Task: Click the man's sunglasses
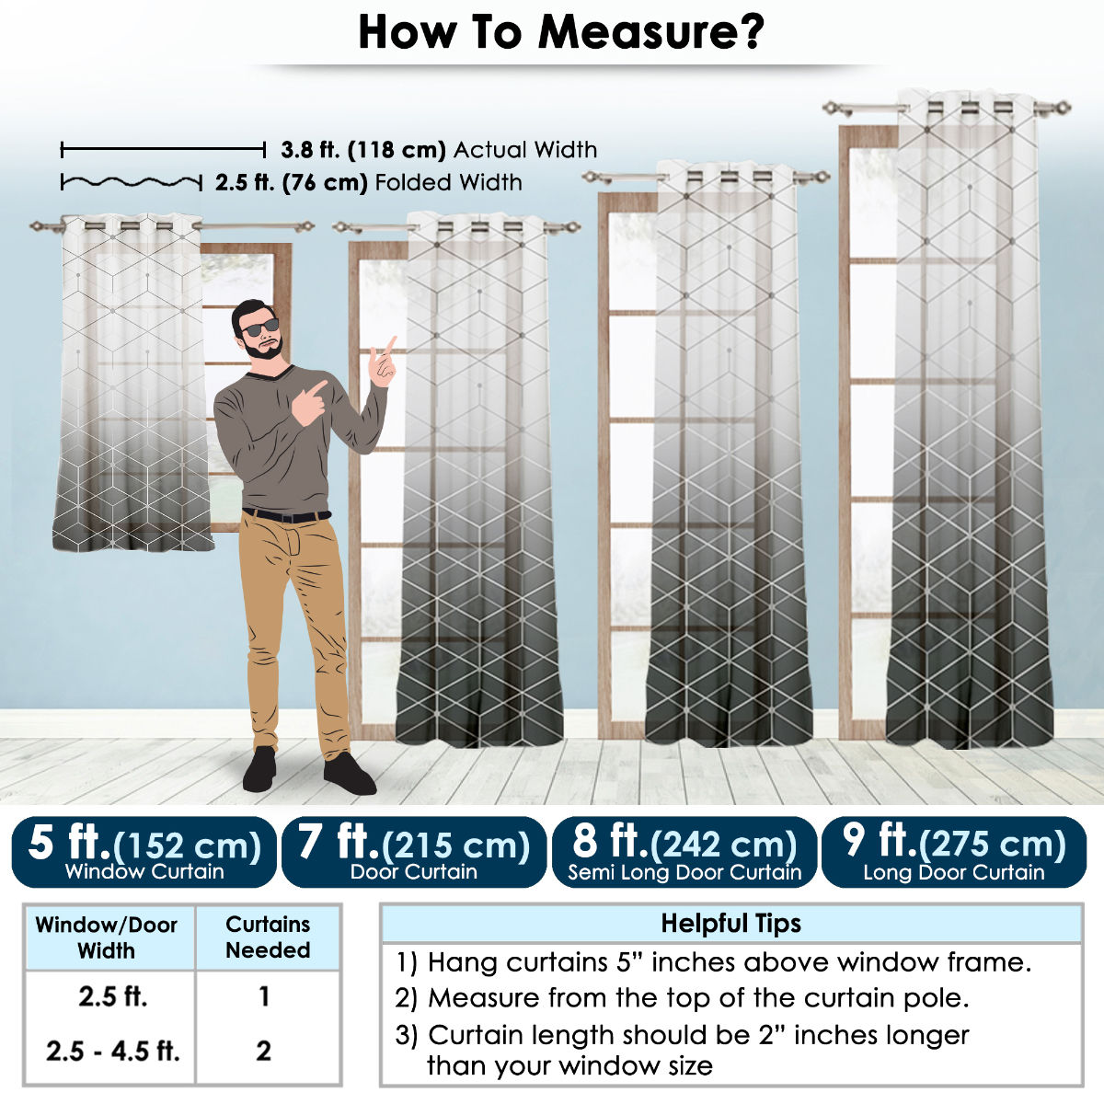click(x=260, y=328)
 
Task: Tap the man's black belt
click(x=286, y=515)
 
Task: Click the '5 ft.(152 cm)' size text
click(x=144, y=843)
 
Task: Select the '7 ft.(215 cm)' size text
click(x=414, y=843)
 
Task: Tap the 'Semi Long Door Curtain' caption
click(x=684, y=872)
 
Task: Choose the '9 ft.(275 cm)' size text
click(x=954, y=843)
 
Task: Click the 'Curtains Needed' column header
click(x=268, y=937)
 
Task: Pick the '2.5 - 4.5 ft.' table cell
click(x=113, y=1051)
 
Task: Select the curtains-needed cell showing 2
click(x=263, y=1051)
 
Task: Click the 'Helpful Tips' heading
click(x=731, y=924)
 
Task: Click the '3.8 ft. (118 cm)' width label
click(x=363, y=150)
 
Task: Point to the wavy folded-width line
click(x=132, y=183)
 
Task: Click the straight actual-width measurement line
click(x=163, y=150)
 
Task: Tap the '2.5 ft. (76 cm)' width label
click(x=291, y=183)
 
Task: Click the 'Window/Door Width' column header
click(x=107, y=937)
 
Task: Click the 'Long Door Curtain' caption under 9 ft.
click(x=954, y=872)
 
